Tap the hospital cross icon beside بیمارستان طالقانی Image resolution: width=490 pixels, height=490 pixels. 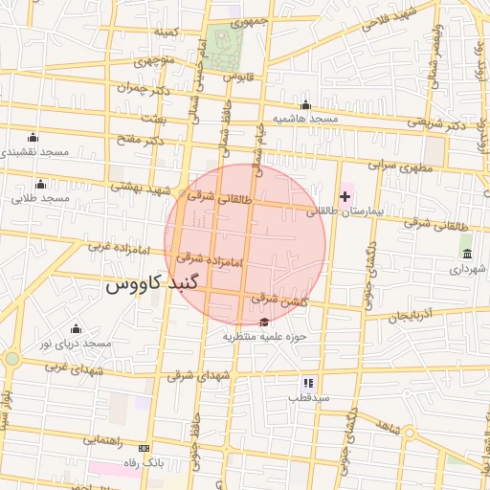coord(345,196)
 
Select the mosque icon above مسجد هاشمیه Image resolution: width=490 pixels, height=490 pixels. coord(305,105)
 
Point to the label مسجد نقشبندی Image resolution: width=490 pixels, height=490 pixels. coord(34,152)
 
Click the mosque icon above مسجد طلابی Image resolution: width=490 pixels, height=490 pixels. coord(40,185)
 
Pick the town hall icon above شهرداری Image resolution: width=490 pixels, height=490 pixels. coord(467,254)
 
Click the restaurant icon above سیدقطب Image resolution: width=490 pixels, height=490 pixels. coord(308,381)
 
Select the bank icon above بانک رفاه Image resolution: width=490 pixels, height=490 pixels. coord(145,448)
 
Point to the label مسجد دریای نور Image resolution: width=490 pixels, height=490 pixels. coord(75,343)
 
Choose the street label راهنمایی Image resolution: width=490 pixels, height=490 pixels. coord(102,440)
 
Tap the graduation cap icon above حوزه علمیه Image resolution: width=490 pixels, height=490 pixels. coord(264,322)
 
